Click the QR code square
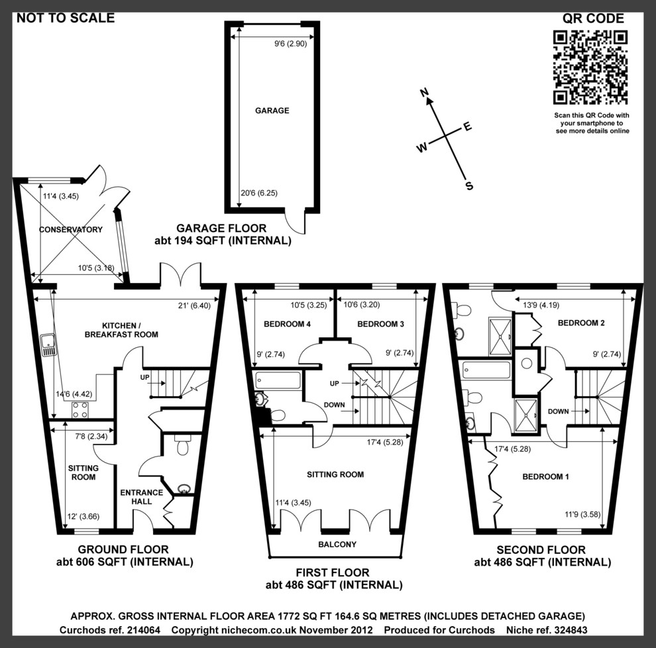(590, 67)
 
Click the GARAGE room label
(272, 111)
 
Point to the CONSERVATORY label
(71, 230)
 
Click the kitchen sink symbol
(48, 346)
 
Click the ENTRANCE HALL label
(141, 497)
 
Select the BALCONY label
(337, 545)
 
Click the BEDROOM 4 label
(288, 324)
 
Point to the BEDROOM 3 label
(380, 324)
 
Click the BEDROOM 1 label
(545, 477)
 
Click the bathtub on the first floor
(278, 380)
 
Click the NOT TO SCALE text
(66, 18)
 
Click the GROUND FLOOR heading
(123, 549)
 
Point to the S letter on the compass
(469, 186)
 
